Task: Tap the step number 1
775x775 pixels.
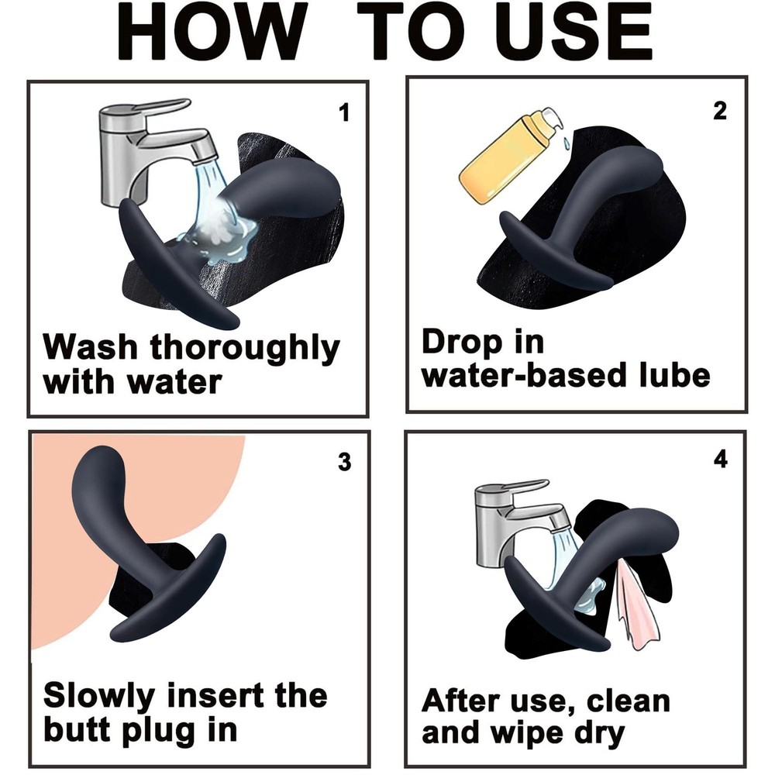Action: pos(344,112)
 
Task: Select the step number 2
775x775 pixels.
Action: pos(720,111)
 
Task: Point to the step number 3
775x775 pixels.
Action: pos(344,462)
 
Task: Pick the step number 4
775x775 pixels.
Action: pos(720,459)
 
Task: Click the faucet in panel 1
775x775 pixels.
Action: pos(148,148)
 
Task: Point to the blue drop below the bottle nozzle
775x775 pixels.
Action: pos(567,143)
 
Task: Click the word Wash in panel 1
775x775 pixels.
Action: pos(89,347)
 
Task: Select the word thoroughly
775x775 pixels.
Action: pos(245,350)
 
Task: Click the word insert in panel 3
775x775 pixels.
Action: pos(215,696)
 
